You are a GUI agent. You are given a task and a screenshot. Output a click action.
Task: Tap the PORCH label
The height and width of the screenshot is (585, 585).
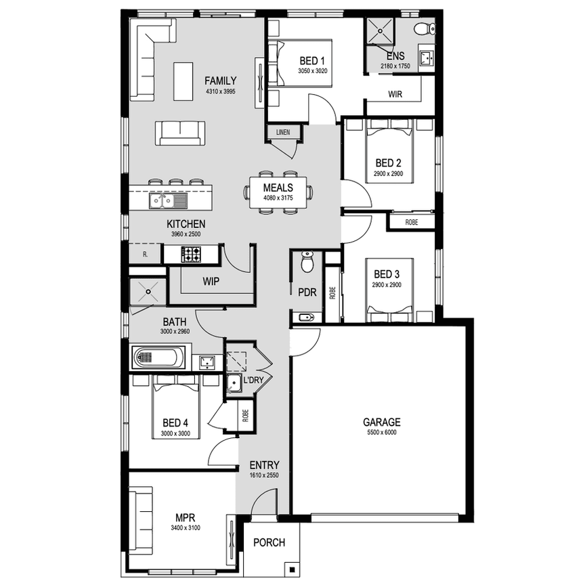click(x=268, y=542)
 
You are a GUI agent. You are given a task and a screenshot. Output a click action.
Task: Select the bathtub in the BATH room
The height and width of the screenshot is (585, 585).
click(x=160, y=357)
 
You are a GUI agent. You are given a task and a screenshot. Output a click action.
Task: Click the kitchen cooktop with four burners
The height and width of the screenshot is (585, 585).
click(x=190, y=254)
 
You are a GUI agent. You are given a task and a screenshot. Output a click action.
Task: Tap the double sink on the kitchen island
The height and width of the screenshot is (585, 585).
click(x=161, y=200)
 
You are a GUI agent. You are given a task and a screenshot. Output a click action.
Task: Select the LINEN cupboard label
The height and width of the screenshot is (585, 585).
click(x=283, y=132)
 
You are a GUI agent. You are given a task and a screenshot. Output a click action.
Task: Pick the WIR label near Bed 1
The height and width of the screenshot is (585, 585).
click(x=395, y=95)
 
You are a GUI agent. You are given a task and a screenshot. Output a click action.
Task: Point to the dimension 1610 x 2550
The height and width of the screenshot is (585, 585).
click(x=264, y=475)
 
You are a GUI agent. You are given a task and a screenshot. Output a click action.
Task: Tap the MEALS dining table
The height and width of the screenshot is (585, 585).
click(x=278, y=192)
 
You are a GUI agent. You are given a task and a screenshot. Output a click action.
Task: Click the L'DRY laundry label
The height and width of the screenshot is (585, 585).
click(x=253, y=381)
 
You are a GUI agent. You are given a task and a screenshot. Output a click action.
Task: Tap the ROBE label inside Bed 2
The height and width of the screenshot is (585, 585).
click(x=411, y=222)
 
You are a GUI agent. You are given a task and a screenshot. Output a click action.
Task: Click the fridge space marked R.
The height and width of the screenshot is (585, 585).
click(x=146, y=255)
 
